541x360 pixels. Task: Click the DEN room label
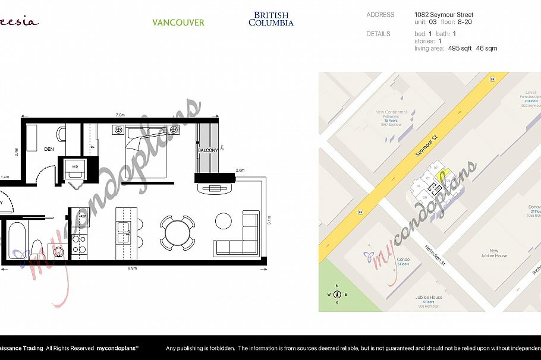[49, 149]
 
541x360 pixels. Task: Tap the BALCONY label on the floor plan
[207, 151]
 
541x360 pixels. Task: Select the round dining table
[177, 231]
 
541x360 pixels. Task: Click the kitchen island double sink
[124, 231]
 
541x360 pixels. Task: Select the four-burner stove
[78, 244]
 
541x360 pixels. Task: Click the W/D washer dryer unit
[76, 167]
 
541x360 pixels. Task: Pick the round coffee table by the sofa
[224, 220]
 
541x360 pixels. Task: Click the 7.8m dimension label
[120, 115]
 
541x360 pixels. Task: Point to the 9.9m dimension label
[132, 269]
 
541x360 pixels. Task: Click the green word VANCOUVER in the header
[178, 23]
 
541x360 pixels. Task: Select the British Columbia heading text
[270, 19]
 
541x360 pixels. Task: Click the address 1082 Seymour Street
[444, 15]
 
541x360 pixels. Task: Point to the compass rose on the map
[337, 294]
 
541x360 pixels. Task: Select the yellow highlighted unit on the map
[441, 175]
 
